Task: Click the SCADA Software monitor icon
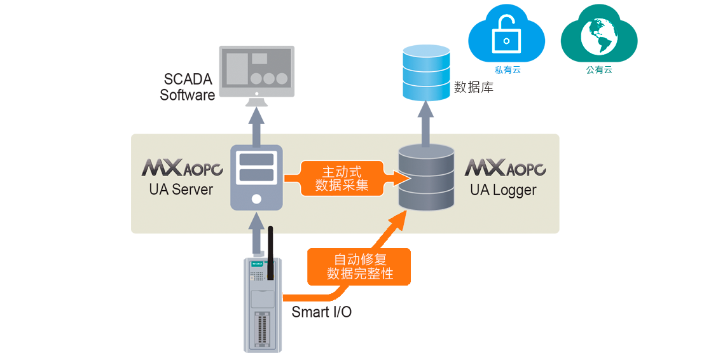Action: point(256,70)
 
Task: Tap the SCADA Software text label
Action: point(188,87)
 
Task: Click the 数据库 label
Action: point(474,88)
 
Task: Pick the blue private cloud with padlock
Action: point(506,34)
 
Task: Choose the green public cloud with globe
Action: point(598,34)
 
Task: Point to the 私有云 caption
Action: point(507,70)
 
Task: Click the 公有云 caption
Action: point(599,70)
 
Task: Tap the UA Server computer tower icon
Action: point(256,178)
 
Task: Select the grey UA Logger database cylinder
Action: point(426,179)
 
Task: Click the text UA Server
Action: point(181,190)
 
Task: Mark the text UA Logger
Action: point(503,190)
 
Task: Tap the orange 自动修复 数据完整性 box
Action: point(359,267)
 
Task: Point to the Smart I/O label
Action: point(321,312)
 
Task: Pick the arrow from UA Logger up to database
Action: point(426,123)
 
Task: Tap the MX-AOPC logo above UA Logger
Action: point(505,169)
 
